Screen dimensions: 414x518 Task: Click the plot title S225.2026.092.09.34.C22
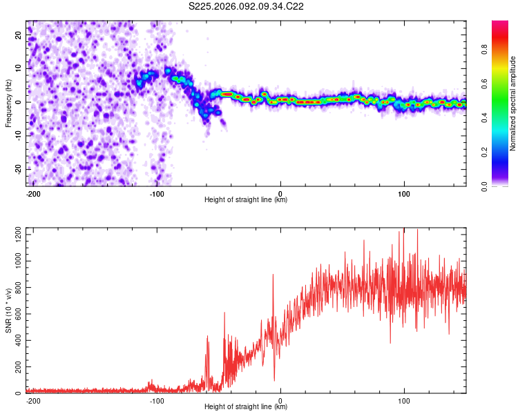[x=247, y=7]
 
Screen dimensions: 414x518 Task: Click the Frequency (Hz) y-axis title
[x=8, y=103]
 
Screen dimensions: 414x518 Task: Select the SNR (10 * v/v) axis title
[x=8, y=310]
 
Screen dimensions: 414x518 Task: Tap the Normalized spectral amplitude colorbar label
[x=513, y=103]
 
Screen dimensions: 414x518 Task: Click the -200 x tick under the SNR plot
[x=32, y=400]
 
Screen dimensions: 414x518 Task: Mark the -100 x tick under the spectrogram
[x=156, y=193]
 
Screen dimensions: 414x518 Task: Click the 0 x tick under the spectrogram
[x=280, y=193]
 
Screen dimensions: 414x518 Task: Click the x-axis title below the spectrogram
[x=246, y=200]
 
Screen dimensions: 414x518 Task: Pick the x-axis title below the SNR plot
[x=246, y=407]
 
